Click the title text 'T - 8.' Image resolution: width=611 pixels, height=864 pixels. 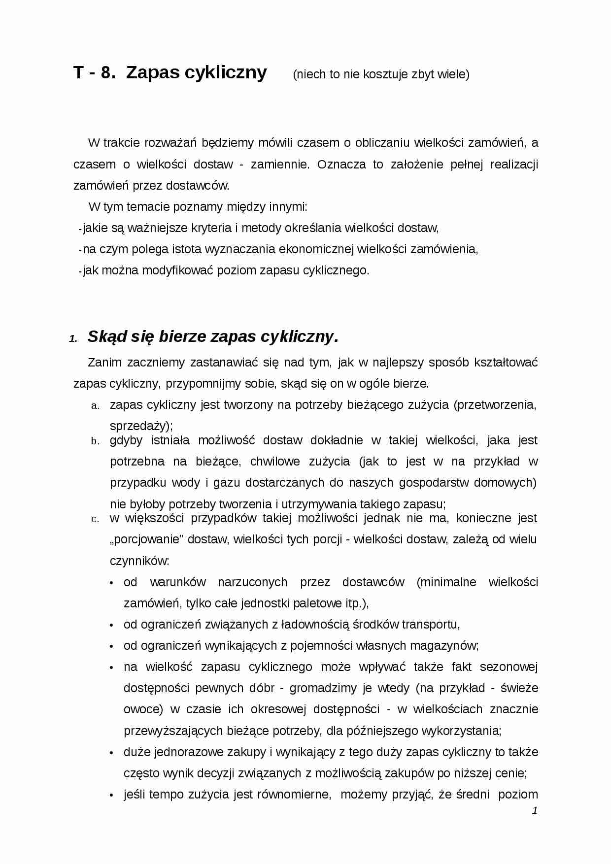pos(95,72)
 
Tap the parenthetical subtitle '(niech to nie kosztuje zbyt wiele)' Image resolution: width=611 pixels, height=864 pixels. pos(381,74)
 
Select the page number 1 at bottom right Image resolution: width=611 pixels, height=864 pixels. pos(535,811)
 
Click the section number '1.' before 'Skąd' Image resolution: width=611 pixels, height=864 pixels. pos(73,339)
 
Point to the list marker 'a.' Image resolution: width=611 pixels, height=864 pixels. pos(96,406)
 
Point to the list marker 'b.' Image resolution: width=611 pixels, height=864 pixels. pos(96,441)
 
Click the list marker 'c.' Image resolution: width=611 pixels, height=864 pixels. pos(96,519)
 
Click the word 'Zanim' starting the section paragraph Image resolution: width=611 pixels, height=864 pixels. pos(105,363)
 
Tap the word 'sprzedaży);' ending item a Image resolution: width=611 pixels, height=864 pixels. pos(141,426)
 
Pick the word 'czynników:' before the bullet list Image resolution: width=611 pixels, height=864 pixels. pos(139,561)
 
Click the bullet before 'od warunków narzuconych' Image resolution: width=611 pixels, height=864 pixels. pos(112,583)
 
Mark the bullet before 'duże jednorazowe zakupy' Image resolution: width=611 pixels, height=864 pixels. pos(112,753)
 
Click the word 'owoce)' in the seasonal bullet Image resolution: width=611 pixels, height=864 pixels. pos(143,709)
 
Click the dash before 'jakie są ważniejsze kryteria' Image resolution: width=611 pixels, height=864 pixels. pos(80,229)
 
